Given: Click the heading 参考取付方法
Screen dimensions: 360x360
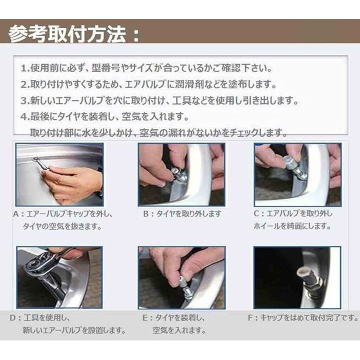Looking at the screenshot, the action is [x=67, y=34].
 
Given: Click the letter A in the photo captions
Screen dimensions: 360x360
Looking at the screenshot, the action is [x=16, y=214].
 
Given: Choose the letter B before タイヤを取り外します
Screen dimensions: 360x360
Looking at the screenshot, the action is [x=146, y=214].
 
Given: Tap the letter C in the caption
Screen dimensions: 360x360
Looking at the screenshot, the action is [x=256, y=214].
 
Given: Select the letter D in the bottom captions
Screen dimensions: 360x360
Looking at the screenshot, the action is [x=13, y=318].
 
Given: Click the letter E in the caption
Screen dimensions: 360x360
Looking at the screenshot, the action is [x=145, y=318].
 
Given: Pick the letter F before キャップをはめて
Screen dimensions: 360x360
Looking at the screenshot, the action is [x=250, y=318].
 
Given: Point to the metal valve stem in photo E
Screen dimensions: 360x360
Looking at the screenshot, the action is [x=185, y=288].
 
